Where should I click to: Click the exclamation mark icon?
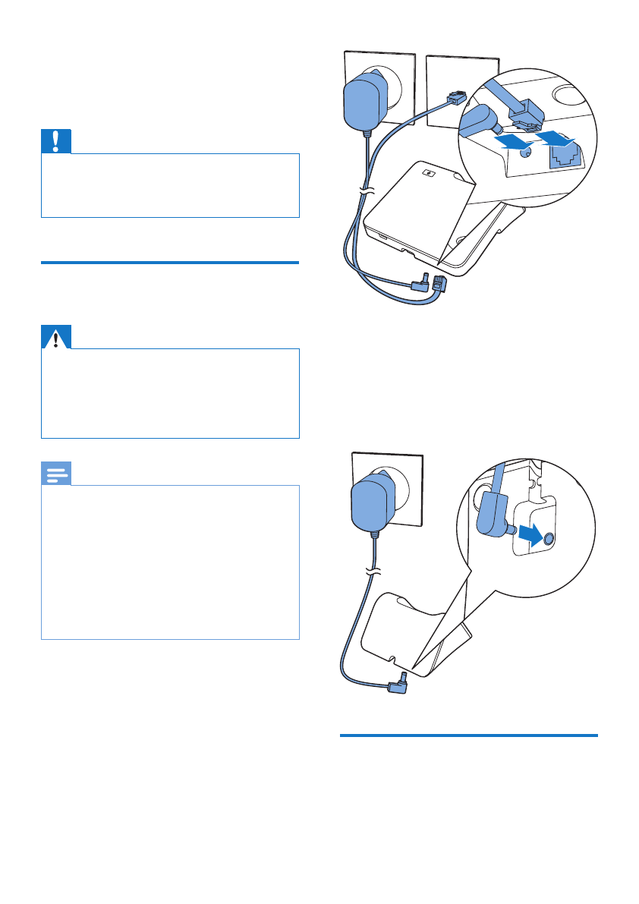pos(56,142)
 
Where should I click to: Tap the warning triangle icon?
pos(56,337)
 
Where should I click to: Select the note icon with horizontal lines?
pos(56,474)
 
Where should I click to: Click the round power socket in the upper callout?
pos(524,153)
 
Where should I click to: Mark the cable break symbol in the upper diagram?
pos(367,194)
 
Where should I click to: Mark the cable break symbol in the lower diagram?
pos(373,571)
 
